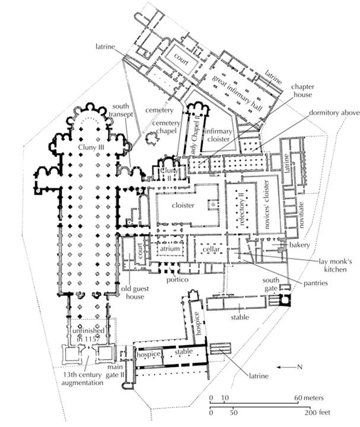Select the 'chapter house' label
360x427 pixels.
302,91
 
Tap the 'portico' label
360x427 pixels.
177,279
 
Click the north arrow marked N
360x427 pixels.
291,367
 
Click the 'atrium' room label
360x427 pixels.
168,250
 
